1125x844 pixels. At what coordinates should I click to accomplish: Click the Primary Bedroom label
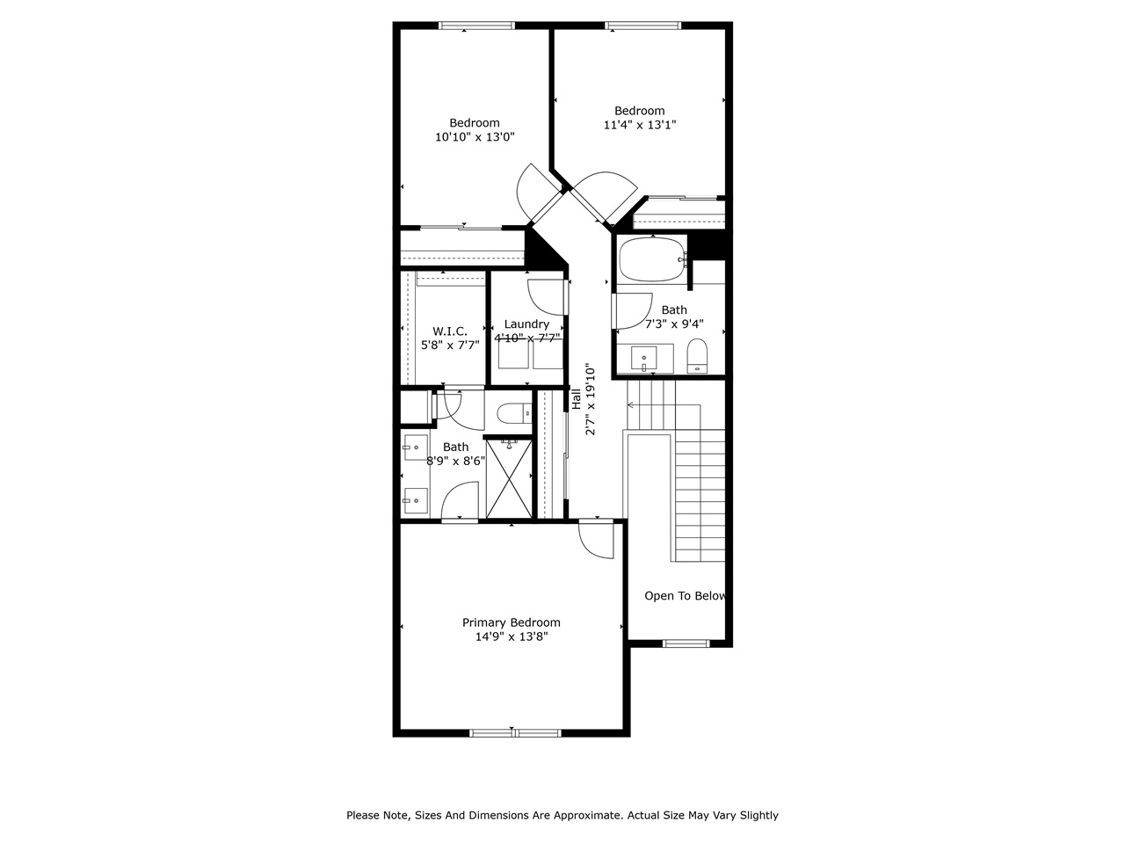[x=511, y=622]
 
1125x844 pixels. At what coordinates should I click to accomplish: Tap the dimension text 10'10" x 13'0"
[x=475, y=137]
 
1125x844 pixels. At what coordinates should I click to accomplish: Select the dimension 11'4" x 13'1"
[x=639, y=125]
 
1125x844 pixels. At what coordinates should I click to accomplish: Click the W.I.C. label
[x=449, y=331]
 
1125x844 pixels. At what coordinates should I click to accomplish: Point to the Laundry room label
[x=526, y=324]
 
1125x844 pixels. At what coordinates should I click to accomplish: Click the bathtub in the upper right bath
[x=651, y=259]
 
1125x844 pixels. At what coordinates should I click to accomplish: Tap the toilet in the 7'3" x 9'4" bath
[x=696, y=355]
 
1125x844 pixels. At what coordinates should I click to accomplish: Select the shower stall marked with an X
[x=509, y=478]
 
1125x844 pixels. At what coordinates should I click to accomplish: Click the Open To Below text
[x=685, y=596]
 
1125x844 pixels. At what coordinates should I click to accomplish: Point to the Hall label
[x=577, y=400]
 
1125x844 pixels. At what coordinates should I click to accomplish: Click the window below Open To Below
[x=686, y=644]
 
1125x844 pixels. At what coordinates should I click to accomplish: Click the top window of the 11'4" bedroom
[x=642, y=25]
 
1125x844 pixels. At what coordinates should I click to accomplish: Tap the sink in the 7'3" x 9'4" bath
[x=644, y=359]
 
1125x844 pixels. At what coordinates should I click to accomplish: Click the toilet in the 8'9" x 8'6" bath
[x=512, y=411]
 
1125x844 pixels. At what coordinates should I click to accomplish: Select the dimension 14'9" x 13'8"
[x=511, y=637]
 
